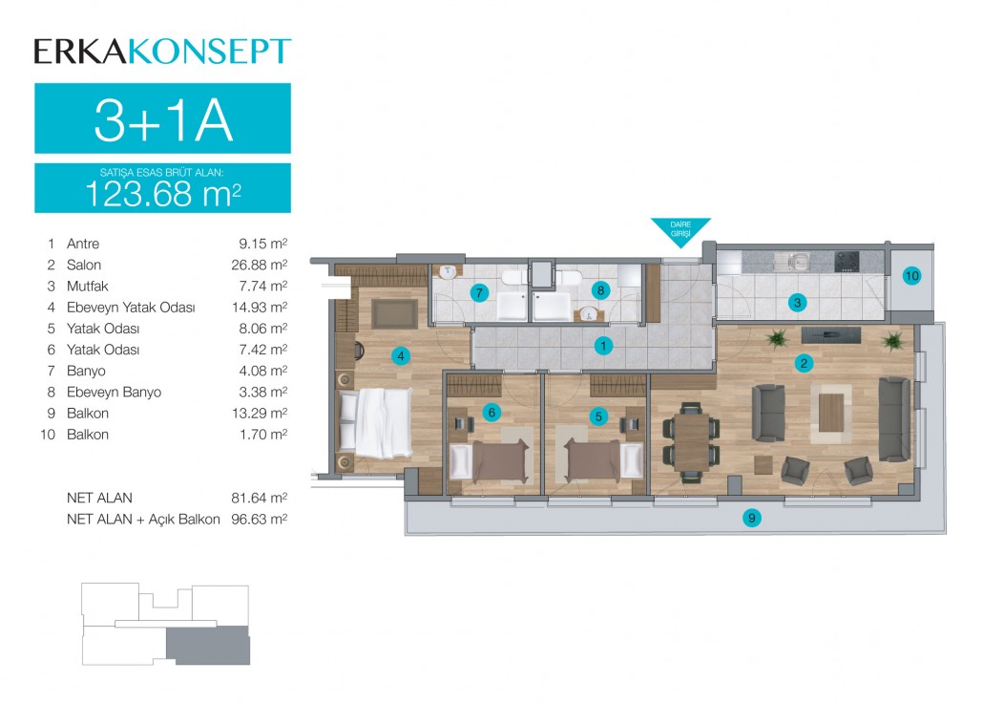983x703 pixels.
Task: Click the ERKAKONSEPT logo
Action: point(162,52)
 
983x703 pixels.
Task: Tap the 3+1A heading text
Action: point(163,120)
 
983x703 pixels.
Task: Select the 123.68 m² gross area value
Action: point(163,194)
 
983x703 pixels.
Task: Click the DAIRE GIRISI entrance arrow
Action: point(680,231)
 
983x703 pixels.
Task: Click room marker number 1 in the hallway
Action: point(603,345)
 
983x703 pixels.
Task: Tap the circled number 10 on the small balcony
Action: point(911,275)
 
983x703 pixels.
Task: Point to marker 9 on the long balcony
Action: point(751,518)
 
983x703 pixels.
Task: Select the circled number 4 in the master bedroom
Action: point(401,356)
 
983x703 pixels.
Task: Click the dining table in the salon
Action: point(692,442)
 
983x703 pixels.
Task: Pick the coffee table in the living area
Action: point(831,413)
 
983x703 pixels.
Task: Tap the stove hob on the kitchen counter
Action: point(847,261)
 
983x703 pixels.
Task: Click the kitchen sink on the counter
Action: point(793,261)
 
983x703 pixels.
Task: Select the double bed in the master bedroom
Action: point(374,423)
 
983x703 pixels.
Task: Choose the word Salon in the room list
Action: point(84,265)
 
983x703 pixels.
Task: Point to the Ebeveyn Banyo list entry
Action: point(115,392)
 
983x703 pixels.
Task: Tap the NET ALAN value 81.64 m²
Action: point(260,498)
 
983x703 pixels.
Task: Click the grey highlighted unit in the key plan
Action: point(208,646)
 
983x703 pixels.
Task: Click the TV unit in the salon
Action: point(830,334)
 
